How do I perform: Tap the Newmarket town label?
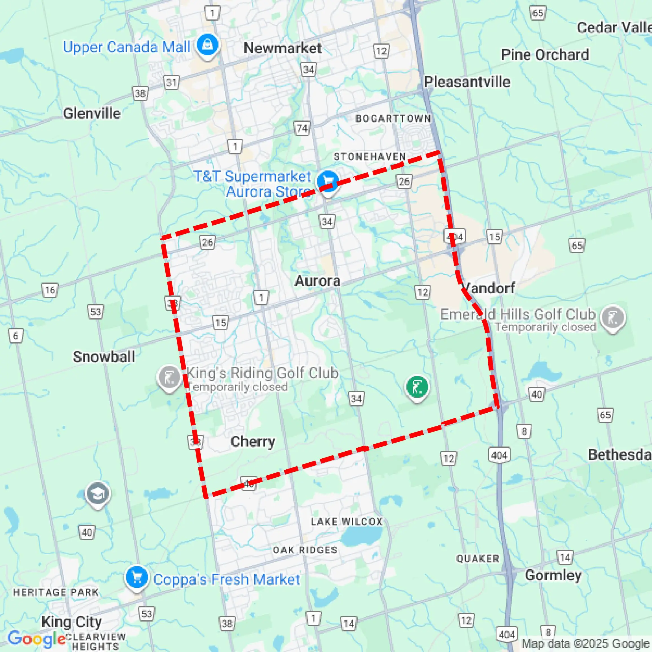click(x=283, y=48)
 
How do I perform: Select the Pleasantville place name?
click(x=467, y=82)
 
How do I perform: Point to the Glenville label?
click(x=92, y=113)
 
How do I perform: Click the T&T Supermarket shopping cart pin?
click(x=327, y=181)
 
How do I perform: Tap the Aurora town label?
click(x=317, y=281)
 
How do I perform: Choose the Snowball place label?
click(x=104, y=357)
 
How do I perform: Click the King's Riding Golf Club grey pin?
click(x=169, y=378)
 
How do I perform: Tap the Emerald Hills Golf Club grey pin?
click(x=613, y=317)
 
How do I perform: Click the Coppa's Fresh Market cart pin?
click(x=137, y=577)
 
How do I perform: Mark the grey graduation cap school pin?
click(x=98, y=494)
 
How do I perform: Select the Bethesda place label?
click(x=620, y=455)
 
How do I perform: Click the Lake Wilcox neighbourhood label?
click(x=347, y=522)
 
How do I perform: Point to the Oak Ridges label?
click(x=305, y=550)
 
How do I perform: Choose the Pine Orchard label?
click(x=545, y=55)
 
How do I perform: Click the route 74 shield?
click(x=302, y=128)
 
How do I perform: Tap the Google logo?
click(x=36, y=638)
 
